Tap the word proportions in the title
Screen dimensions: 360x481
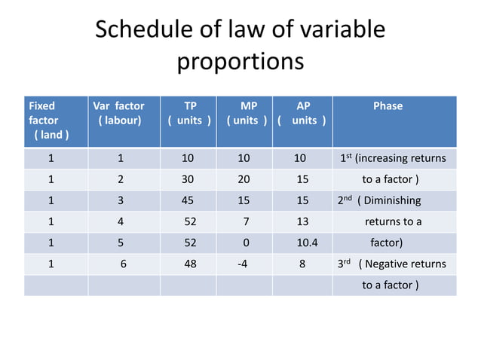click(x=240, y=62)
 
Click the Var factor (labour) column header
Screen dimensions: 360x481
click(x=118, y=113)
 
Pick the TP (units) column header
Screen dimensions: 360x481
click(x=189, y=113)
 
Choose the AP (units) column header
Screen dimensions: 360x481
click(x=302, y=113)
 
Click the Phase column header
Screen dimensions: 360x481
click(x=388, y=106)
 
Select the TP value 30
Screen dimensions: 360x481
click(x=188, y=179)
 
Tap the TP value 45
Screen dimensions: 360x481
click(x=188, y=200)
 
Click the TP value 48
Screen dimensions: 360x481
click(x=191, y=264)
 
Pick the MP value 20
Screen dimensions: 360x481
click(x=244, y=179)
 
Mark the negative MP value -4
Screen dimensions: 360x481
click(x=242, y=264)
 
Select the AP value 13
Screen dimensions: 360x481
click(x=302, y=221)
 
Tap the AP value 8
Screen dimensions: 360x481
click(x=302, y=264)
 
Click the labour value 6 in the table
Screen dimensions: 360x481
click(x=124, y=264)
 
